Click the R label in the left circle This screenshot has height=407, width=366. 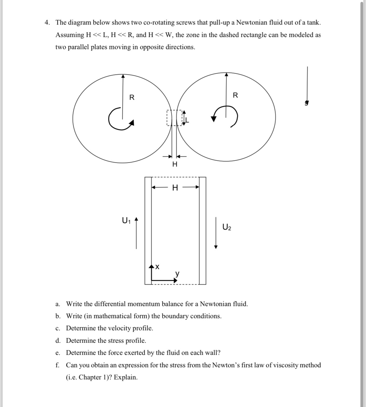point(132,98)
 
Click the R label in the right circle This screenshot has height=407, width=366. point(235,95)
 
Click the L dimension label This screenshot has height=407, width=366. point(187,121)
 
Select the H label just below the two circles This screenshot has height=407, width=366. point(175,164)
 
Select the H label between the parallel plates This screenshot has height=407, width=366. point(175,187)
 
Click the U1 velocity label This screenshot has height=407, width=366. point(126,221)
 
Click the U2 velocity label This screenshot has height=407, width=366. point(227,227)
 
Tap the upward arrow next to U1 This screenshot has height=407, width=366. point(136,233)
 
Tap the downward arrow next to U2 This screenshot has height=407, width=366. point(216,233)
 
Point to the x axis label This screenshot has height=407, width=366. point(157,267)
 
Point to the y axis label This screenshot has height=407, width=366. point(178,273)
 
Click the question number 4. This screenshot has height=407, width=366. point(47,23)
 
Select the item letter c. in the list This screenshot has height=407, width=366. point(58,328)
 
